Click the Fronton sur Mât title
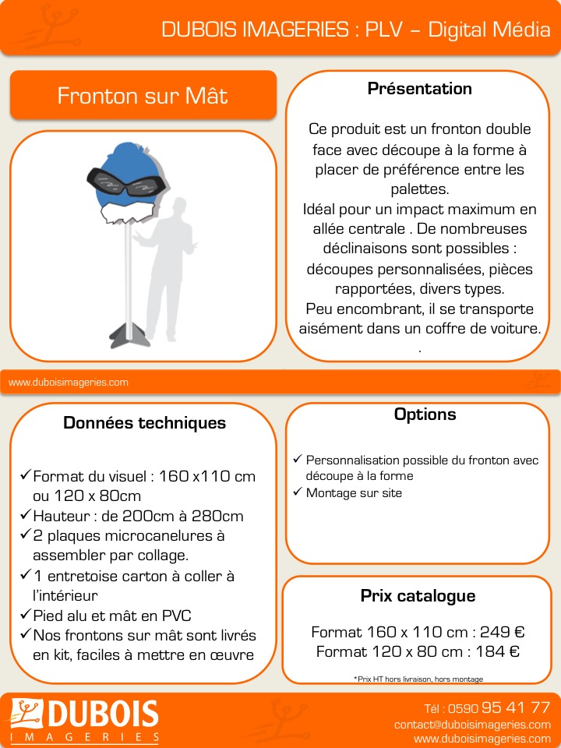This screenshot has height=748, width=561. tap(143, 96)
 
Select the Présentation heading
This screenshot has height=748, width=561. tap(419, 89)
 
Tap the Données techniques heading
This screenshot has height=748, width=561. tap(144, 423)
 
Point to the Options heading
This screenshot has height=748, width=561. tap(425, 415)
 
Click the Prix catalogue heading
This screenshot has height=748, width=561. tap(418, 596)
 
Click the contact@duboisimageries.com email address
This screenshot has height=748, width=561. tap(472, 724)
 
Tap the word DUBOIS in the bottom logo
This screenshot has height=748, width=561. tap(93, 715)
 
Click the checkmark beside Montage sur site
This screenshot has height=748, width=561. tap(296, 492)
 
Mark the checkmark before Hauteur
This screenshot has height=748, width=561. tap(25, 515)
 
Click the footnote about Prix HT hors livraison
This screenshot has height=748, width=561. tap(418, 679)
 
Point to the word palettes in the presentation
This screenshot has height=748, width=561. tap(419, 189)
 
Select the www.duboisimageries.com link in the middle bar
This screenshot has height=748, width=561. tap(68, 383)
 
